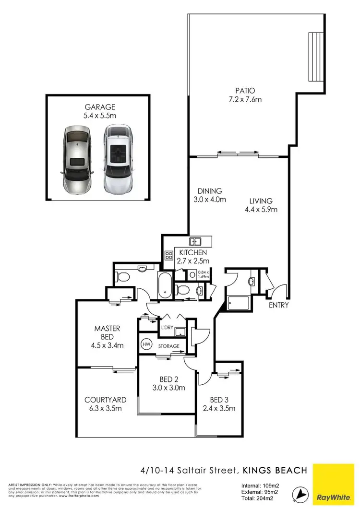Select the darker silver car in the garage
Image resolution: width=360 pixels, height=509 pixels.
pyautogui.click(x=76, y=158)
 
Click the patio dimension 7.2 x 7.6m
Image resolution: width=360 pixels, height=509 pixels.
pyautogui.click(x=245, y=100)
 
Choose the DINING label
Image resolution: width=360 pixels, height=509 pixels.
pyautogui.click(x=207, y=190)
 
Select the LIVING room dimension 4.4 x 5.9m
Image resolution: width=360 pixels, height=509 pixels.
pyautogui.click(x=262, y=209)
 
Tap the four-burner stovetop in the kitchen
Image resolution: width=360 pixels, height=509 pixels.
pyautogui.click(x=169, y=256)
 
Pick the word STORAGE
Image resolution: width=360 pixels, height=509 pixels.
pyautogui.click(x=169, y=346)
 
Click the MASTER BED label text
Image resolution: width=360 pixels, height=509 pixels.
pyautogui.click(x=107, y=332)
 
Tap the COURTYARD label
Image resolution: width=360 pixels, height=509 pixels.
pyautogui.click(x=105, y=400)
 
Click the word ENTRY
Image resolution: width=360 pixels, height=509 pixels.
pyautogui.click(x=278, y=305)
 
